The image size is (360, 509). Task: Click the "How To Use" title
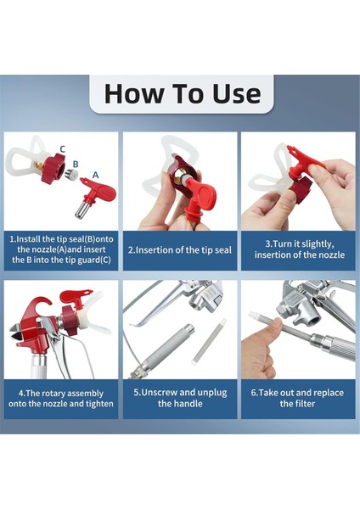(183, 94)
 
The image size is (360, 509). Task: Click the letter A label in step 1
(95, 176)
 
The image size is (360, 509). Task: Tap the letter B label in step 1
(76, 165)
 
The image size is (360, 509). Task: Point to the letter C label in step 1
(62, 149)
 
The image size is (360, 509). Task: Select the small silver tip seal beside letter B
(71, 175)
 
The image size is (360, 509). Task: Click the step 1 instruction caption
(61, 249)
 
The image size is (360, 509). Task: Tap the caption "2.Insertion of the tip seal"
(180, 250)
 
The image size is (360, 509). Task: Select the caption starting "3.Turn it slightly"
(299, 249)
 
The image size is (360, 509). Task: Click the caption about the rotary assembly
(61, 399)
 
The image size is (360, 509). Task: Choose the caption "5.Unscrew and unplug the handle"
(180, 398)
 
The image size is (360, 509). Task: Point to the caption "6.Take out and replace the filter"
(297, 398)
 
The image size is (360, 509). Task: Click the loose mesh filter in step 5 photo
(209, 341)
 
